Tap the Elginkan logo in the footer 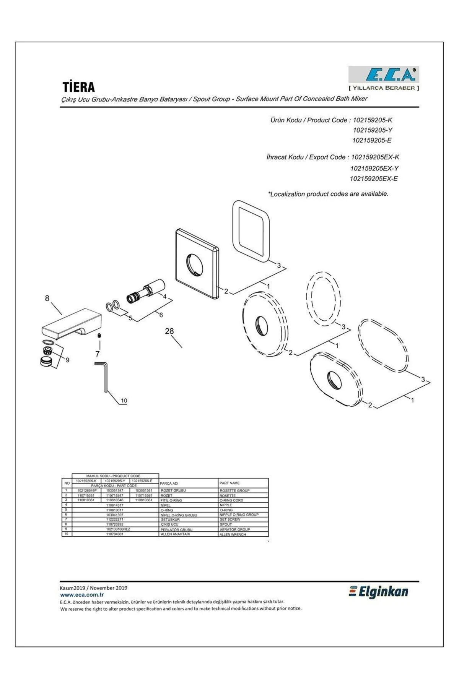pyautogui.click(x=378, y=592)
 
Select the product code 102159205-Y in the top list pyautogui.click(x=372, y=130)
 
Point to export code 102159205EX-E pyautogui.click(x=374, y=178)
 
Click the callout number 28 pyautogui.click(x=169, y=331)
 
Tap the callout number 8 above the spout pyautogui.click(x=47, y=298)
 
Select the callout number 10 pyautogui.click(x=124, y=401)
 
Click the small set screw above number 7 pyautogui.click(x=99, y=336)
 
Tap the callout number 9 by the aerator pyautogui.click(x=67, y=360)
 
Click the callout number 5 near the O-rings pyautogui.click(x=130, y=318)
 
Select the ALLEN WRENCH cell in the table pyautogui.click(x=233, y=534)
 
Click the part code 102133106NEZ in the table pyautogui.click(x=115, y=529)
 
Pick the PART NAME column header pyautogui.click(x=229, y=483)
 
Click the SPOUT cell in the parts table pyautogui.click(x=226, y=524)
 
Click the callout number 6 pyautogui.click(x=161, y=315)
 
